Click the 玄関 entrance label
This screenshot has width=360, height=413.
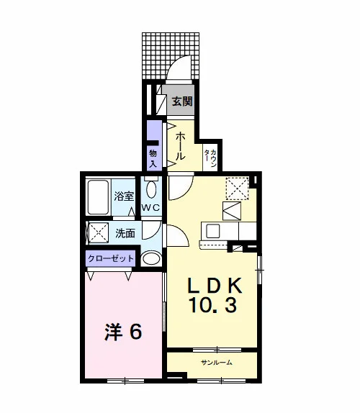click(182, 101)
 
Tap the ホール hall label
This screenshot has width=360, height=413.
click(180, 146)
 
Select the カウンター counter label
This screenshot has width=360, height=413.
click(210, 158)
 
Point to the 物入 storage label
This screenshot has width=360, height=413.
click(153, 158)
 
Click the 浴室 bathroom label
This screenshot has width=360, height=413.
click(124, 196)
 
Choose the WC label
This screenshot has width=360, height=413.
click(150, 207)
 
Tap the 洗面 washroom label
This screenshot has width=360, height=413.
click(125, 233)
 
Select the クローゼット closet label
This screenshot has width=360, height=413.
click(111, 258)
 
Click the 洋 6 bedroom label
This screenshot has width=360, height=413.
click(123, 332)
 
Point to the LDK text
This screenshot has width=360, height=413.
click(215, 286)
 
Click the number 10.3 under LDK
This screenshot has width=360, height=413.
click(213, 305)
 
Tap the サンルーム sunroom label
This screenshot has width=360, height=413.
click(217, 363)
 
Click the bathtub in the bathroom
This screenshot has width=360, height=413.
click(98, 197)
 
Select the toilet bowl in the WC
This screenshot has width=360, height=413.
click(151, 189)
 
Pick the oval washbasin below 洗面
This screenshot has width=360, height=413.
click(151, 258)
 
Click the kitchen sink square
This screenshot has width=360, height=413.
click(213, 231)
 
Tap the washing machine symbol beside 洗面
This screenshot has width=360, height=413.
click(99, 232)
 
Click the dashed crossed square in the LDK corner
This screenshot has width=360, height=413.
click(237, 189)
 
